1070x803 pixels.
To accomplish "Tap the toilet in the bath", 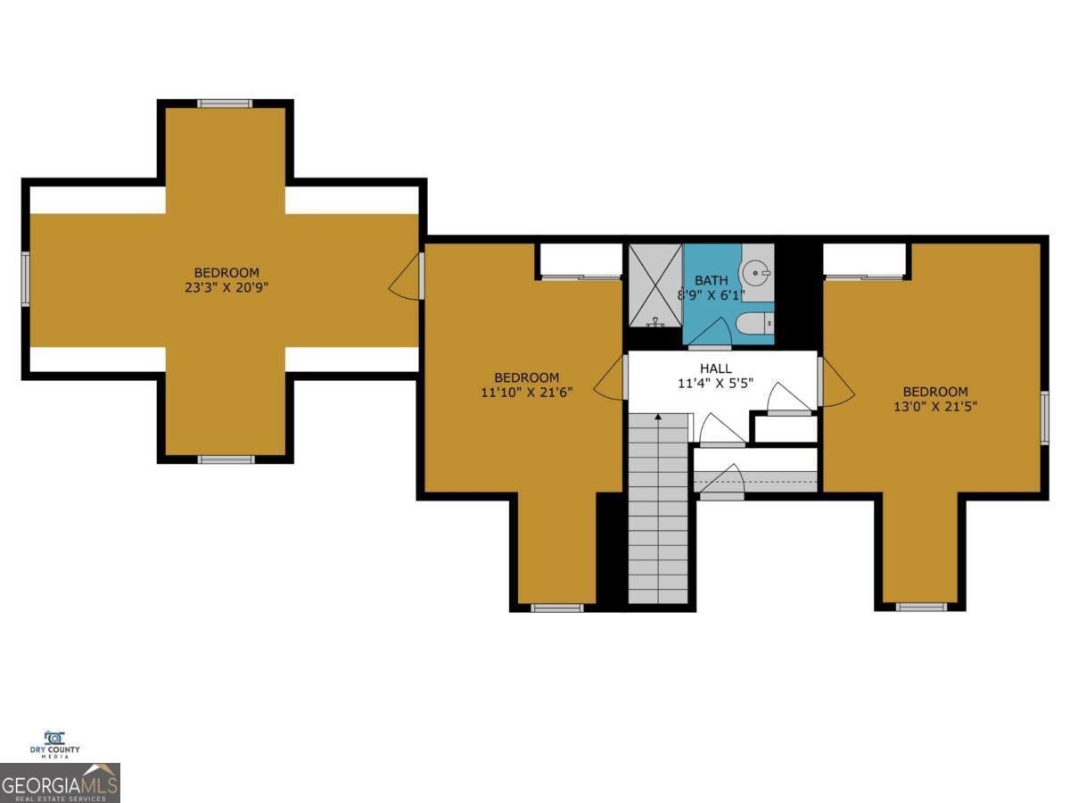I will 756,325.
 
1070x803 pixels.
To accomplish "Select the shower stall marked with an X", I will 655,285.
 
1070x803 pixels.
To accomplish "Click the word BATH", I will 712,280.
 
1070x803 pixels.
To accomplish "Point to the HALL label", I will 715,368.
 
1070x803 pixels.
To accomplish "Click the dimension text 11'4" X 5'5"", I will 715,385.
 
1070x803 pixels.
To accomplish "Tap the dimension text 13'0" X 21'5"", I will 934,407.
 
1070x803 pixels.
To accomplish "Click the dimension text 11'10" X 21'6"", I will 527,393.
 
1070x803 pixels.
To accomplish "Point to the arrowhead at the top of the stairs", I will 658,416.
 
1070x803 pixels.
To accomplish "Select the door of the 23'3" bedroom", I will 407,275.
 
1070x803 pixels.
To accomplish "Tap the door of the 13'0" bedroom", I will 835,380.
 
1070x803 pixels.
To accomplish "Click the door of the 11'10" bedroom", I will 611,379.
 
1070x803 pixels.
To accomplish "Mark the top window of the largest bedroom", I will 226,103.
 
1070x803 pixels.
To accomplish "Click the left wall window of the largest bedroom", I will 26,278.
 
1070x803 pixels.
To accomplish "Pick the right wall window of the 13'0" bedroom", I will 1044,418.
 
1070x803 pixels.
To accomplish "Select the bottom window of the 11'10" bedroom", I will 557,608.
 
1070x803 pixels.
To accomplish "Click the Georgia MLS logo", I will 60,783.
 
